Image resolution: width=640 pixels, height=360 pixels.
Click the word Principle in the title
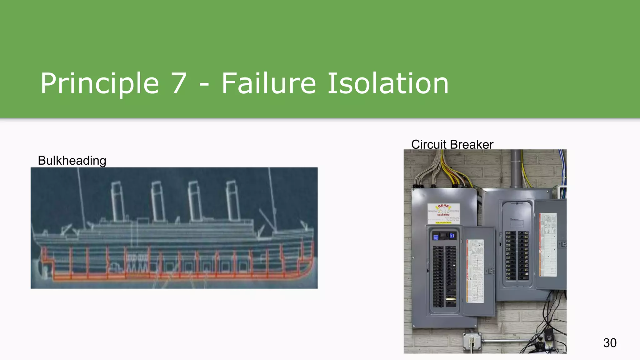point(100,83)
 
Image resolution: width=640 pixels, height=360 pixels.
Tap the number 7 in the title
point(179,83)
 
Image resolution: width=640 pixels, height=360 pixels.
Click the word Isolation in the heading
point(388,83)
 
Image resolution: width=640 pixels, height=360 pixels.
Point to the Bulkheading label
point(72,161)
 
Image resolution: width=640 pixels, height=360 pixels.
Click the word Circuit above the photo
point(429,144)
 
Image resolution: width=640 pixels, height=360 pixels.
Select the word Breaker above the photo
point(472,144)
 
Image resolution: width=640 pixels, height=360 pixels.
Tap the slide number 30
point(610,343)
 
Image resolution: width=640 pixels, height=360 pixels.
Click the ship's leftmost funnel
point(118,202)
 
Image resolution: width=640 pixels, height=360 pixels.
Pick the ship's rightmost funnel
point(233,200)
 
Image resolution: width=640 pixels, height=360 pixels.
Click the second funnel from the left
point(158,202)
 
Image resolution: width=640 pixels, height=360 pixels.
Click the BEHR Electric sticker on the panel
point(443,213)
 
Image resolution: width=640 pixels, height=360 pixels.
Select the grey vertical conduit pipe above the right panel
point(516,169)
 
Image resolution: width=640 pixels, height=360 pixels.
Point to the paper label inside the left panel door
point(475,271)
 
